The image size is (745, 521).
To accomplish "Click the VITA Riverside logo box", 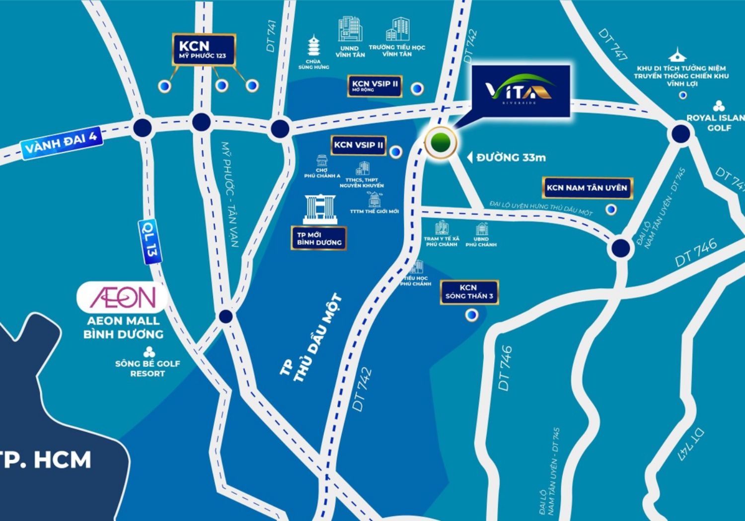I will (x=520, y=91).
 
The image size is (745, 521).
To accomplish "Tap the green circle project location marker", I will (x=441, y=142).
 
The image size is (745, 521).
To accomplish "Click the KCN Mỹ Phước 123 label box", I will (x=204, y=50).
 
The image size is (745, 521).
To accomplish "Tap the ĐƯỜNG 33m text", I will (x=511, y=158).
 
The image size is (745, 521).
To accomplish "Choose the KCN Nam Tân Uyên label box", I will (x=587, y=188).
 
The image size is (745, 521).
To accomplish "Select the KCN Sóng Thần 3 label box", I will (x=469, y=292).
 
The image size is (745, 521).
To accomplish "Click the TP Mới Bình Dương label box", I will (x=319, y=239).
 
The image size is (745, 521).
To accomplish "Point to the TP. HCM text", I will (x=47, y=459).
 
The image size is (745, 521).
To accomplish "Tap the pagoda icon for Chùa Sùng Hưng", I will (x=313, y=47).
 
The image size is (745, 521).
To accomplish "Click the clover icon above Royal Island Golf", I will (x=718, y=106).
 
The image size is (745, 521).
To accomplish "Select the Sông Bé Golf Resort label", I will (x=148, y=368).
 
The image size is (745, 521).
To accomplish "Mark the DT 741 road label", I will (x=271, y=36).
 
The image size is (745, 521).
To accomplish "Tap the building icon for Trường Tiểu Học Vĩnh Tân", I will (x=397, y=30).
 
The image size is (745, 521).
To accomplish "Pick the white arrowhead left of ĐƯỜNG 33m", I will (x=469, y=158).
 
